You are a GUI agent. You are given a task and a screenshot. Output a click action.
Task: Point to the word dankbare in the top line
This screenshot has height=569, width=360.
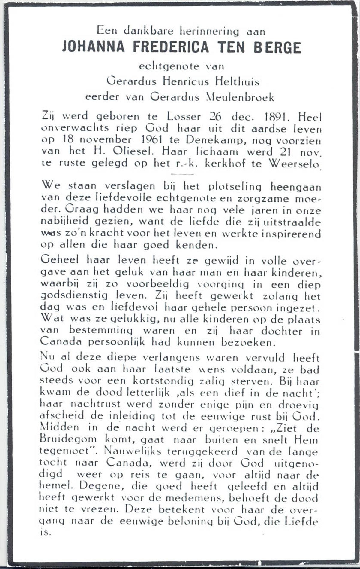(149, 31)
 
